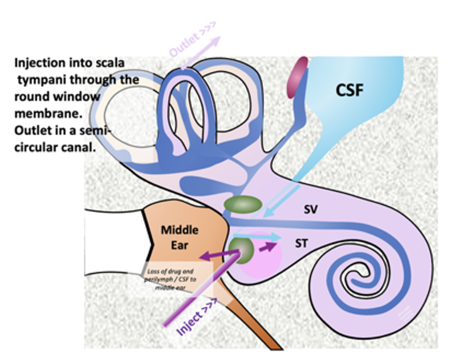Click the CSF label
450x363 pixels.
point(350,90)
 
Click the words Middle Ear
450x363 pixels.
point(179,237)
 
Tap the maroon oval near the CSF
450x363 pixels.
point(298,78)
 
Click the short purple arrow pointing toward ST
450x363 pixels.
point(267,247)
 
